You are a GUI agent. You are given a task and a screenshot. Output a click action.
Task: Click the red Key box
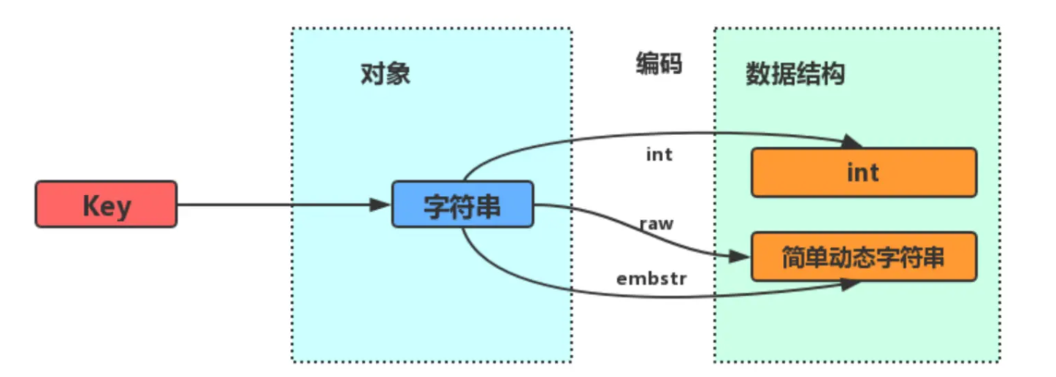(x=106, y=204)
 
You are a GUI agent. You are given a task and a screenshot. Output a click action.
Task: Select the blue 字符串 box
(x=463, y=204)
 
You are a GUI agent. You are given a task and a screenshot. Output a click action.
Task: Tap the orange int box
(x=863, y=172)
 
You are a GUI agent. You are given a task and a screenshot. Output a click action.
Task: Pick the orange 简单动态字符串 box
(x=863, y=257)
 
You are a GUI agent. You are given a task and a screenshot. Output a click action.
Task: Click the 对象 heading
(x=386, y=74)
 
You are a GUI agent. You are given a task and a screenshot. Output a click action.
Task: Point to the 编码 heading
(x=659, y=64)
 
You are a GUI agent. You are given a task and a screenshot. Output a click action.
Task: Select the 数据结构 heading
(x=795, y=74)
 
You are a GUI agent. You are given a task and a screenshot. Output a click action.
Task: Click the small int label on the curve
(x=659, y=155)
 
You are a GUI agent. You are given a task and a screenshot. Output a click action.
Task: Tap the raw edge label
(x=657, y=224)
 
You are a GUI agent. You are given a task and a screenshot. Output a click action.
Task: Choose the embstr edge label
(x=651, y=278)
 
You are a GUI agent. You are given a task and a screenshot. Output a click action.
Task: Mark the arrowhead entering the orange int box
(x=852, y=141)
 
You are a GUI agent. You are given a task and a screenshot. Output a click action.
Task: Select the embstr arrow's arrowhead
(x=851, y=285)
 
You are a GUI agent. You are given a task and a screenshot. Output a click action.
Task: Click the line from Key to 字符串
(x=278, y=205)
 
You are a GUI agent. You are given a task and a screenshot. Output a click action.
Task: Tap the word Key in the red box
(x=106, y=205)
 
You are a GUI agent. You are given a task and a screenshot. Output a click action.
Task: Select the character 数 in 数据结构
(x=757, y=74)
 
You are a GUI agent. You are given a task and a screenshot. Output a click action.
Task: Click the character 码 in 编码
(x=670, y=64)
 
